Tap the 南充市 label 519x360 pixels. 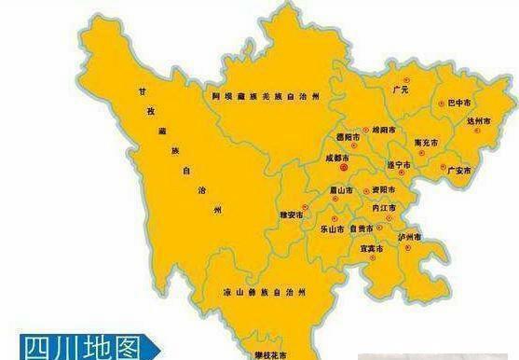[425, 145]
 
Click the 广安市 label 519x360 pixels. [458, 171]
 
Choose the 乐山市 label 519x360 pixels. [333, 228]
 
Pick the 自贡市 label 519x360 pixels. [368, 228]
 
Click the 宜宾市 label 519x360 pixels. [372, 249]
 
